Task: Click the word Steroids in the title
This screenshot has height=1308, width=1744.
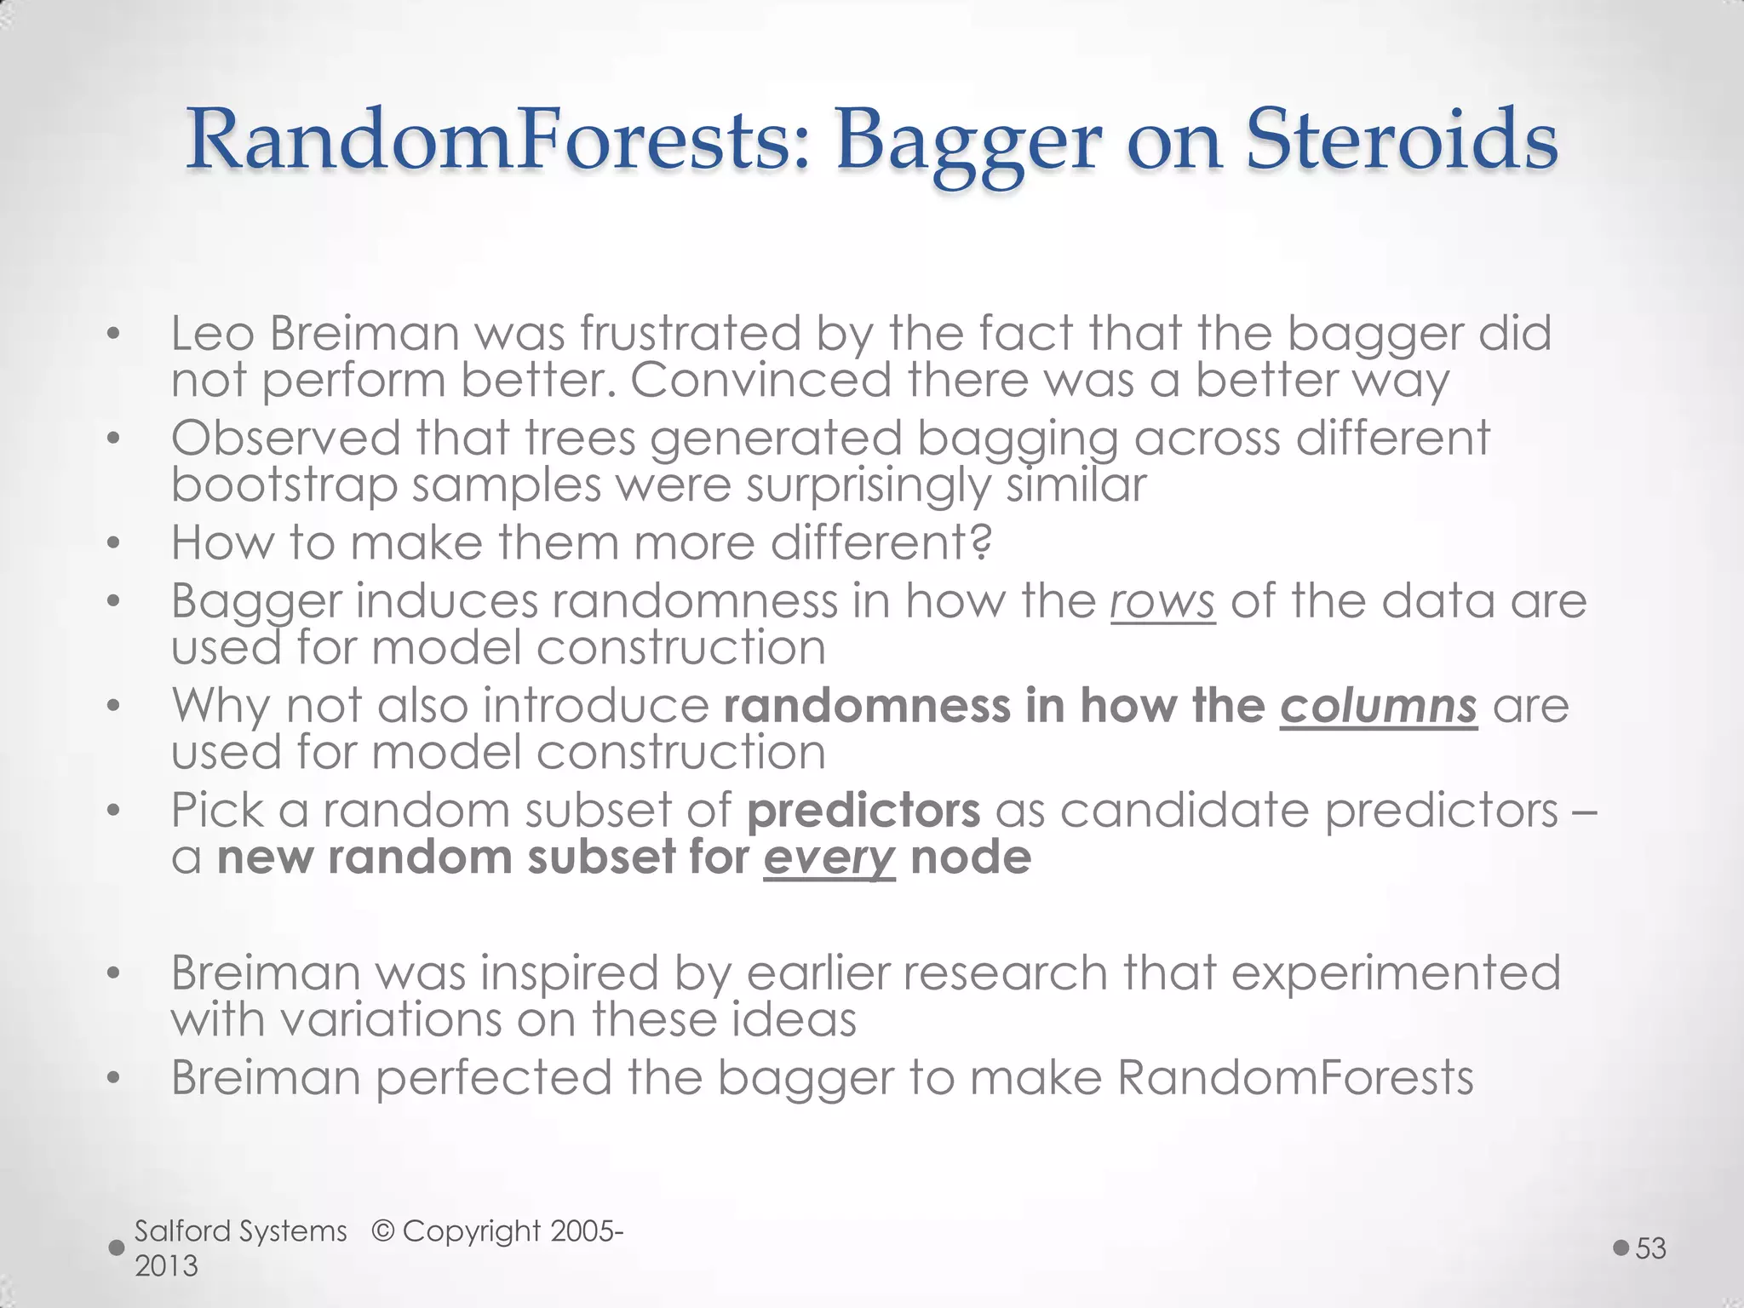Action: (x=1402, y=141)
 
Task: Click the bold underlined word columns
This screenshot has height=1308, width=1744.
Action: (x=1378, y=707)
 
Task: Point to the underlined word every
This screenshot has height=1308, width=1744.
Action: (x=829, y=858)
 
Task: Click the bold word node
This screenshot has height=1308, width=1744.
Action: (x=970, y=857)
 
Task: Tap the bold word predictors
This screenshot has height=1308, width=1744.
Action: (x=863, y=811)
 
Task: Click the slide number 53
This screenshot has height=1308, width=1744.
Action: (x=1650, y=1248)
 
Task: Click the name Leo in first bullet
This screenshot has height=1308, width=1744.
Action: (x=212, y=333)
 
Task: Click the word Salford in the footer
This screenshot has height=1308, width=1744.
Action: (x=182, y=1231)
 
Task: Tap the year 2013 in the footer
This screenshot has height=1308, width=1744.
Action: (x=166, y=1266)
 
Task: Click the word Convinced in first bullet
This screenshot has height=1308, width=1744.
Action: (x=760, y=380)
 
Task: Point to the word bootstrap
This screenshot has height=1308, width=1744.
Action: (x=284, y=486)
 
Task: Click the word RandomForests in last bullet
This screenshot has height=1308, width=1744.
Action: (x=1294, y=1078)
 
